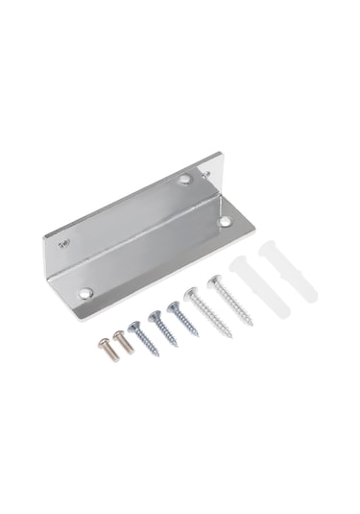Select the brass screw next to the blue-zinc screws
tap(121, 343)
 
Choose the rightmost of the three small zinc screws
tap(180, 321)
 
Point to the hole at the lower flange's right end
tap(224, 222)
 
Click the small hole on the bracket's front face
tap(62, 244)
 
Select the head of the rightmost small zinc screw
tap(173, 307)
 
